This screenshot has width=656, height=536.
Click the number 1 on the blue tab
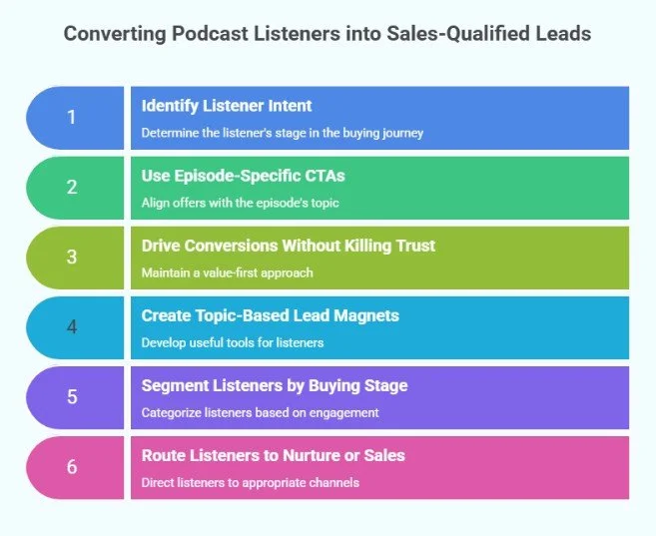[71, 118]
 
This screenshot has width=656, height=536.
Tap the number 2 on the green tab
[71, 188]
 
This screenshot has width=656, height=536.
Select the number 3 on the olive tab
[71, 258]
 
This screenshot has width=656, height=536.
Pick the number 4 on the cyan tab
[71, 327]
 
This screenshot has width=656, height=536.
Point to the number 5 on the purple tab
[71, 397]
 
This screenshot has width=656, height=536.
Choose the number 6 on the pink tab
[71, 467]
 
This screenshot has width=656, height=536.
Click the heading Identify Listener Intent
[226, 105]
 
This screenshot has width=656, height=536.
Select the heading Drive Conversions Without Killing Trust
[288, 246]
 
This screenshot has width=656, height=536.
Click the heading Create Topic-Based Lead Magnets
[270, 315]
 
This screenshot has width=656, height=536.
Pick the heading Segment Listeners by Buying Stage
[275, 385]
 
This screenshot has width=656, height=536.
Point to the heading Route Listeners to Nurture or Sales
[273, 455]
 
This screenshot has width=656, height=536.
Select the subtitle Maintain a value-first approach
[228, 273]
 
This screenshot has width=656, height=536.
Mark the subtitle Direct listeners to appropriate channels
[250, 483]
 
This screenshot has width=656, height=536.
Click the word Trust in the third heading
[413, 246]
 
